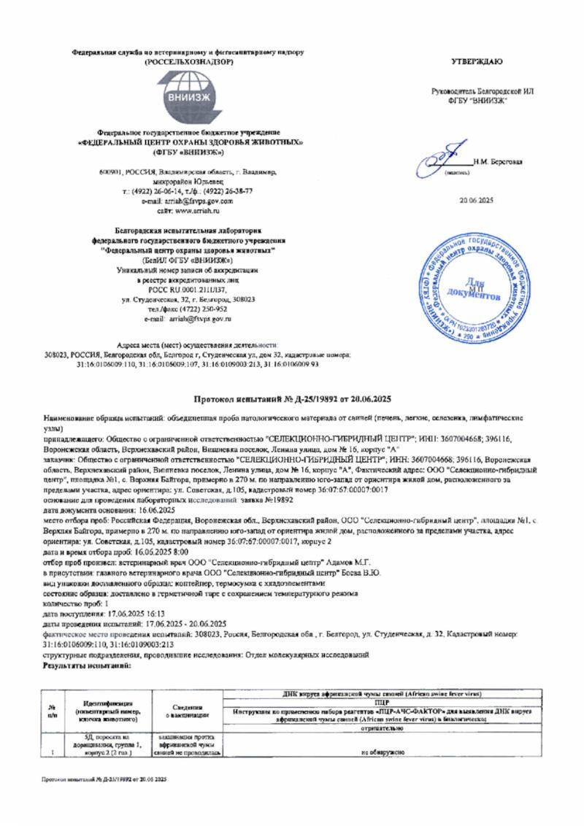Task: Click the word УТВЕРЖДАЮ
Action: [481, 61]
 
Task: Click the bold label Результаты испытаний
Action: [88, 667]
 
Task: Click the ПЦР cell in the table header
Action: [381, 700]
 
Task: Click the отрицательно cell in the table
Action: [381, 727]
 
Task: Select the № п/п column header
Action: [53, 709]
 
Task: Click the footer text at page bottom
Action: [104, 779]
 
